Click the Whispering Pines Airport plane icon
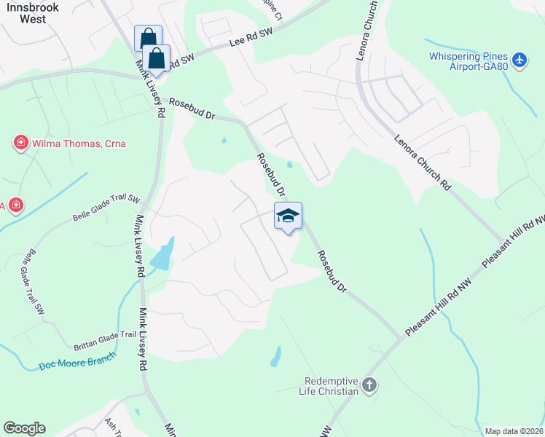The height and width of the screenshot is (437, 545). pos(519,59)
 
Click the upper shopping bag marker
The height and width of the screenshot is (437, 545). pos(148,38)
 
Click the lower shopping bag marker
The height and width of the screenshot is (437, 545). pos(157,58)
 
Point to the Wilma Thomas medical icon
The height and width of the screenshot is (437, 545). pos(21,143)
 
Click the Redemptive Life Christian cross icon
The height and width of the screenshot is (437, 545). pos(369,385)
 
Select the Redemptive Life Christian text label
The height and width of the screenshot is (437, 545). pos(332,385)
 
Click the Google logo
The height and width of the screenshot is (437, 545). pos(24,428)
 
